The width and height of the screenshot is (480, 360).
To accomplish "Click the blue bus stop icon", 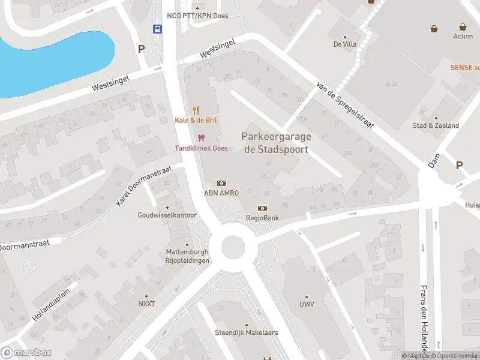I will (157, 29).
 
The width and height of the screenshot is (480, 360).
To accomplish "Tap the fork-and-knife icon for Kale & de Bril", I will (196, 110).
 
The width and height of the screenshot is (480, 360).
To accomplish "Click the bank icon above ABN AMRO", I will (221, 183).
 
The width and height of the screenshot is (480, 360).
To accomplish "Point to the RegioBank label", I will (262, 218).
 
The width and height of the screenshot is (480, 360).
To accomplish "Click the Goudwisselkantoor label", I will (167, 215).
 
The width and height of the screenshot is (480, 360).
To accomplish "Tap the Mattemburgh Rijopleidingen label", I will (187, 256).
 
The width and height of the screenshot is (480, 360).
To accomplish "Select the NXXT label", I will (146, 304).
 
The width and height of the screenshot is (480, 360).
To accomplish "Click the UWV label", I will (306, 304).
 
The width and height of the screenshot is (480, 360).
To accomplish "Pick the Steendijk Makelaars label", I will (239, 332).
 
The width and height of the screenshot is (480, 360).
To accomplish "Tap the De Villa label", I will (345, 44).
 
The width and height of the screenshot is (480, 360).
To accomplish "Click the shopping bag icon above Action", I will (463, 27).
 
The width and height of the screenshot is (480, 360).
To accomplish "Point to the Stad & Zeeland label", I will (436, 125).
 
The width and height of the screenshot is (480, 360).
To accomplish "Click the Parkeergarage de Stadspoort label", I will (275, 143).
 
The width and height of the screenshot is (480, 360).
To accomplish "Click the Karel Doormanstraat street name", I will (144, 187).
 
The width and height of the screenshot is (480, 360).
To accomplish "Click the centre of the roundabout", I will (236, 246).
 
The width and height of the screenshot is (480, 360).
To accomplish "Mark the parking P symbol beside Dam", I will (459, 166).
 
